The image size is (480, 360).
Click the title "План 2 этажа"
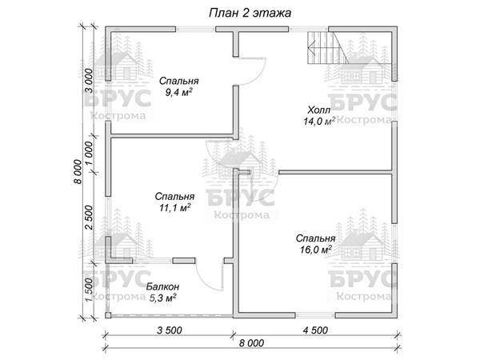click(x=250, y=13)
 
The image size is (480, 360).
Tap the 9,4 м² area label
click(x=178, y=92)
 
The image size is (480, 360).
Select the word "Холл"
click(x=319, y=110)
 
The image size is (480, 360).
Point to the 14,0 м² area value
click(x=319, y=122)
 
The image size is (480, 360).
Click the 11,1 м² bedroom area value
click(x=174, y=208)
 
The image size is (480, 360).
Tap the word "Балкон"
click(x=162, y=287)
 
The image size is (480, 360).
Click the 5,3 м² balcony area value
click(x=162, y=298)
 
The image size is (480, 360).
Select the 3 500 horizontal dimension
click(x=170, y=330)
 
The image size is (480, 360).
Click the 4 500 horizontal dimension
click(x=315, y=330)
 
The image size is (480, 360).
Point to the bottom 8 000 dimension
click(x=251, y=343)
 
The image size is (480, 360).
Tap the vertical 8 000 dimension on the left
click(x=78, y=172)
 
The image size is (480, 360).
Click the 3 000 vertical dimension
click(x=89, y=81)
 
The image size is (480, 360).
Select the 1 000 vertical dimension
click(x=89, y=153)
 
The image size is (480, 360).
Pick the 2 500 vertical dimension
click(x=89, y=218)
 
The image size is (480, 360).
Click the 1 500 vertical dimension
click(x=89, y=290)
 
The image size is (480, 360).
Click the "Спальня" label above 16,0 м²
click(x=316, y=238)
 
